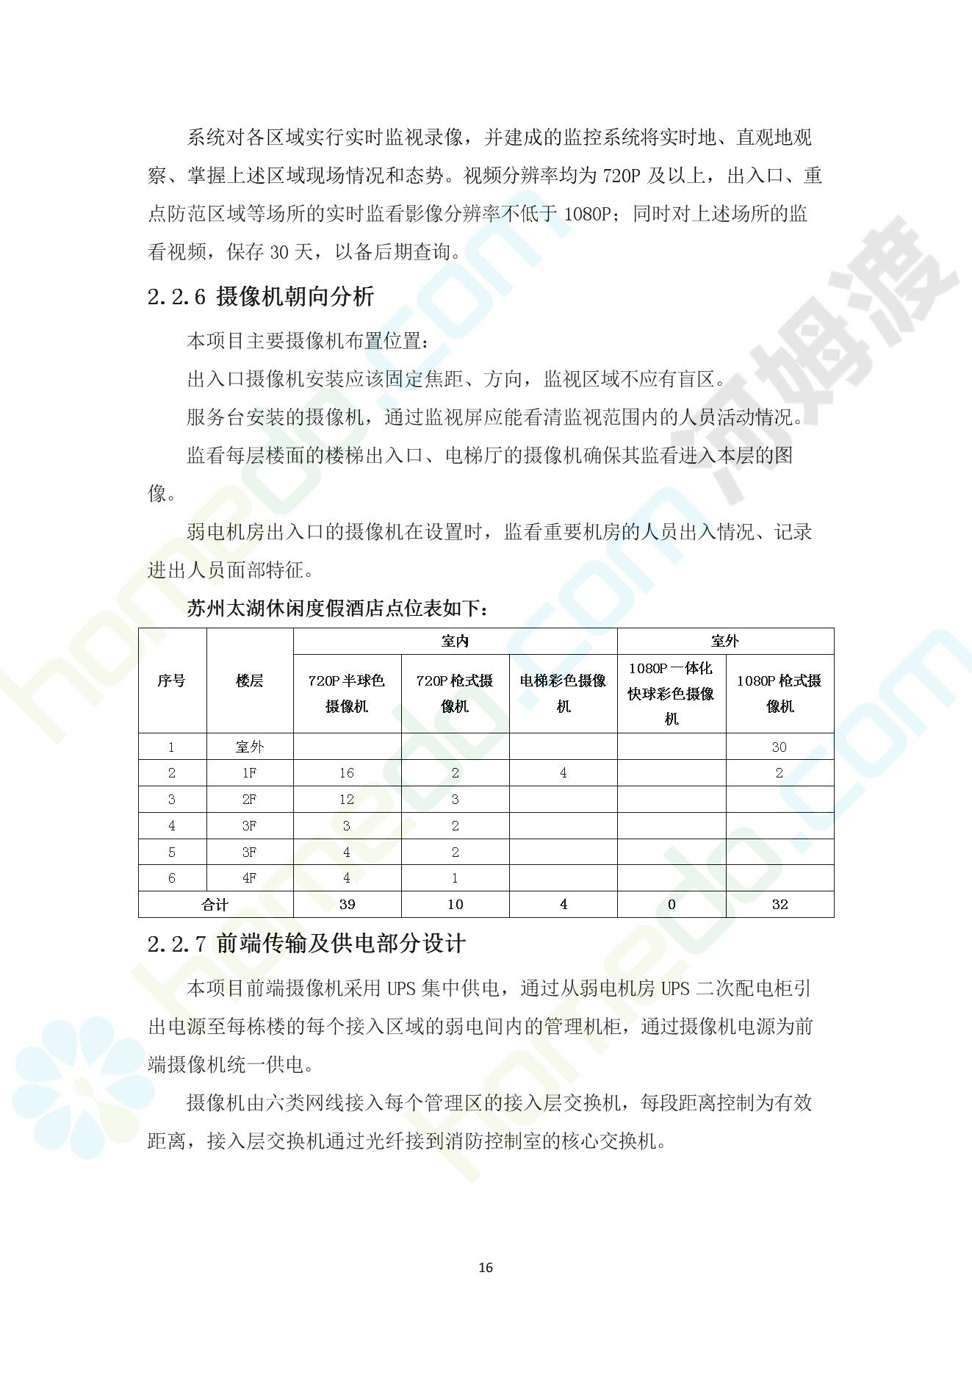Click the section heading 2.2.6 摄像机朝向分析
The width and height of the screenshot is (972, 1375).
coord(261,297)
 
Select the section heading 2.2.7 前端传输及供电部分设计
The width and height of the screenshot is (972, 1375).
coord(306,944)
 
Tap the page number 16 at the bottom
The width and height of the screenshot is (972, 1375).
coord(486,1268)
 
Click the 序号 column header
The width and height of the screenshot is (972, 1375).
coord(172,681)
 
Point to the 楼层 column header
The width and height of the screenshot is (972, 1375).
coord(250,681)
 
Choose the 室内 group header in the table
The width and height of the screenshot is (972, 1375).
coord(455,642)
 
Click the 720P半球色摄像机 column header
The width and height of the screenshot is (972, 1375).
coord(347,693)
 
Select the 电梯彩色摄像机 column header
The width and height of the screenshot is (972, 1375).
coord(563,693)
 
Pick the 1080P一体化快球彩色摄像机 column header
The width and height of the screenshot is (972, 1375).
coord(671,693)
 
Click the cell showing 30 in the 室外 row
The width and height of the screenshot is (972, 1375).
coord(780,747)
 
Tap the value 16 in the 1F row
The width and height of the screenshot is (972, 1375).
coord(347,773)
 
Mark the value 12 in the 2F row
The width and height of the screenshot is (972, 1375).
coord(347,800)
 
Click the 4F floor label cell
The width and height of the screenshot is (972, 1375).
coord(250,878)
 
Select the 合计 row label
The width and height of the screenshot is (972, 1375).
coord(215,905)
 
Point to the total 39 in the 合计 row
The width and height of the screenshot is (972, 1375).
coord(347,905)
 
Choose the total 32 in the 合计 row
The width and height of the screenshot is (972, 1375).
coord(780,905)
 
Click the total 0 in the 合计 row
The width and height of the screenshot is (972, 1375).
coord(671,905)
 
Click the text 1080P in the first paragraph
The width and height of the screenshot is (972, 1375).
coord(587,214)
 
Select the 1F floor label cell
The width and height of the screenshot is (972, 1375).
coord(250,773)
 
